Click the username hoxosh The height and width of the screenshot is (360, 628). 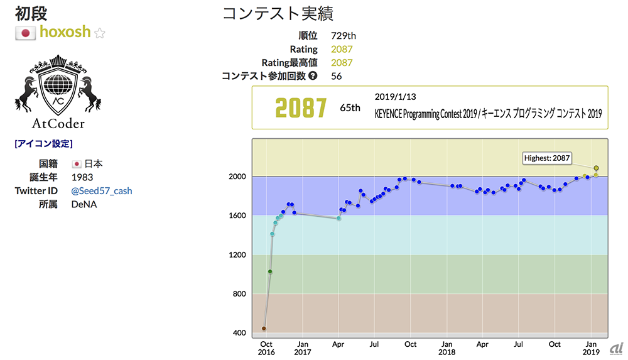click(65, 32)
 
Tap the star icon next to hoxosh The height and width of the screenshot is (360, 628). click(99, 33)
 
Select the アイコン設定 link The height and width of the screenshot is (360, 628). click(43, 143)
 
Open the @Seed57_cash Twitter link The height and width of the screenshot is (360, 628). click(102, 191)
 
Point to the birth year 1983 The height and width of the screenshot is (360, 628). click(82, 177)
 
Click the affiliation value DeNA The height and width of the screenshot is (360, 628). click(84, 204)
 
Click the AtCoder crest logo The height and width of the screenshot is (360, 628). click(57, 90)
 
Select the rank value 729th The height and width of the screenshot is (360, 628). click(344, 36)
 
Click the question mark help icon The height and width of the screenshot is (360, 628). click(313, 76)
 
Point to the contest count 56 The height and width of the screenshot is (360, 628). click(337, 76)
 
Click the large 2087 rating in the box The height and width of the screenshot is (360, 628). click(301, 108)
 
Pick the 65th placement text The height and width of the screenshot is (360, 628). click(350, 108)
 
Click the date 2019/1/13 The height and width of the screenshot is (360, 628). click(395, 97)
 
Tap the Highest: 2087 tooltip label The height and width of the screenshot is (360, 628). click(546, 158)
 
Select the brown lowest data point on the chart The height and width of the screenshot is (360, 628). click(264, 329)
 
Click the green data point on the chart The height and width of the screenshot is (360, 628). click(270, 271)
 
